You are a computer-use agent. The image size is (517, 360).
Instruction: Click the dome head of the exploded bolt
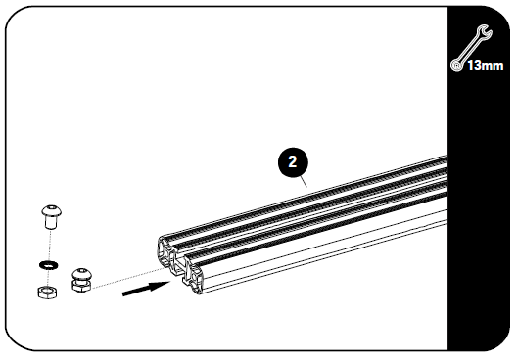click(49, 210)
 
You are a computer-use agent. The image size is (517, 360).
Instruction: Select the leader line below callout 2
click(306, 178)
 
